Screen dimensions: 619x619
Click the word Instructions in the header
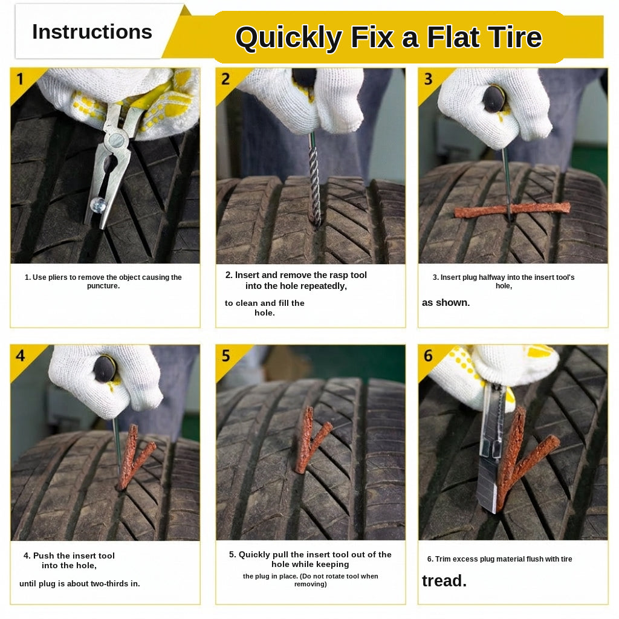tap(92, 32)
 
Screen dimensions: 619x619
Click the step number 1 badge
tap(20, 79)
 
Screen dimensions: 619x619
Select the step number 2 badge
tap(225, 79)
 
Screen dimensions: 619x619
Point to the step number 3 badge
tap(429, 79)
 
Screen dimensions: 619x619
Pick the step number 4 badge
tap(20, 355)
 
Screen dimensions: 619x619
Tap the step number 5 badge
tap(226, 355)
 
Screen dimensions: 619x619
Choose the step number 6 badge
tap(429, 355)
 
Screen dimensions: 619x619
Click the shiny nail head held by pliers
tap(98, 206)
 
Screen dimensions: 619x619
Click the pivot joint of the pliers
tap(117, 140)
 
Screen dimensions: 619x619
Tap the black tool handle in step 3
tap(494, 99)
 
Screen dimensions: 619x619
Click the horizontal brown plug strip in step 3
tap(513, 210)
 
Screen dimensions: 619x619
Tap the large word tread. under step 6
tap(444, 581)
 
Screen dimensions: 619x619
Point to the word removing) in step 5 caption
tap(310, 584)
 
